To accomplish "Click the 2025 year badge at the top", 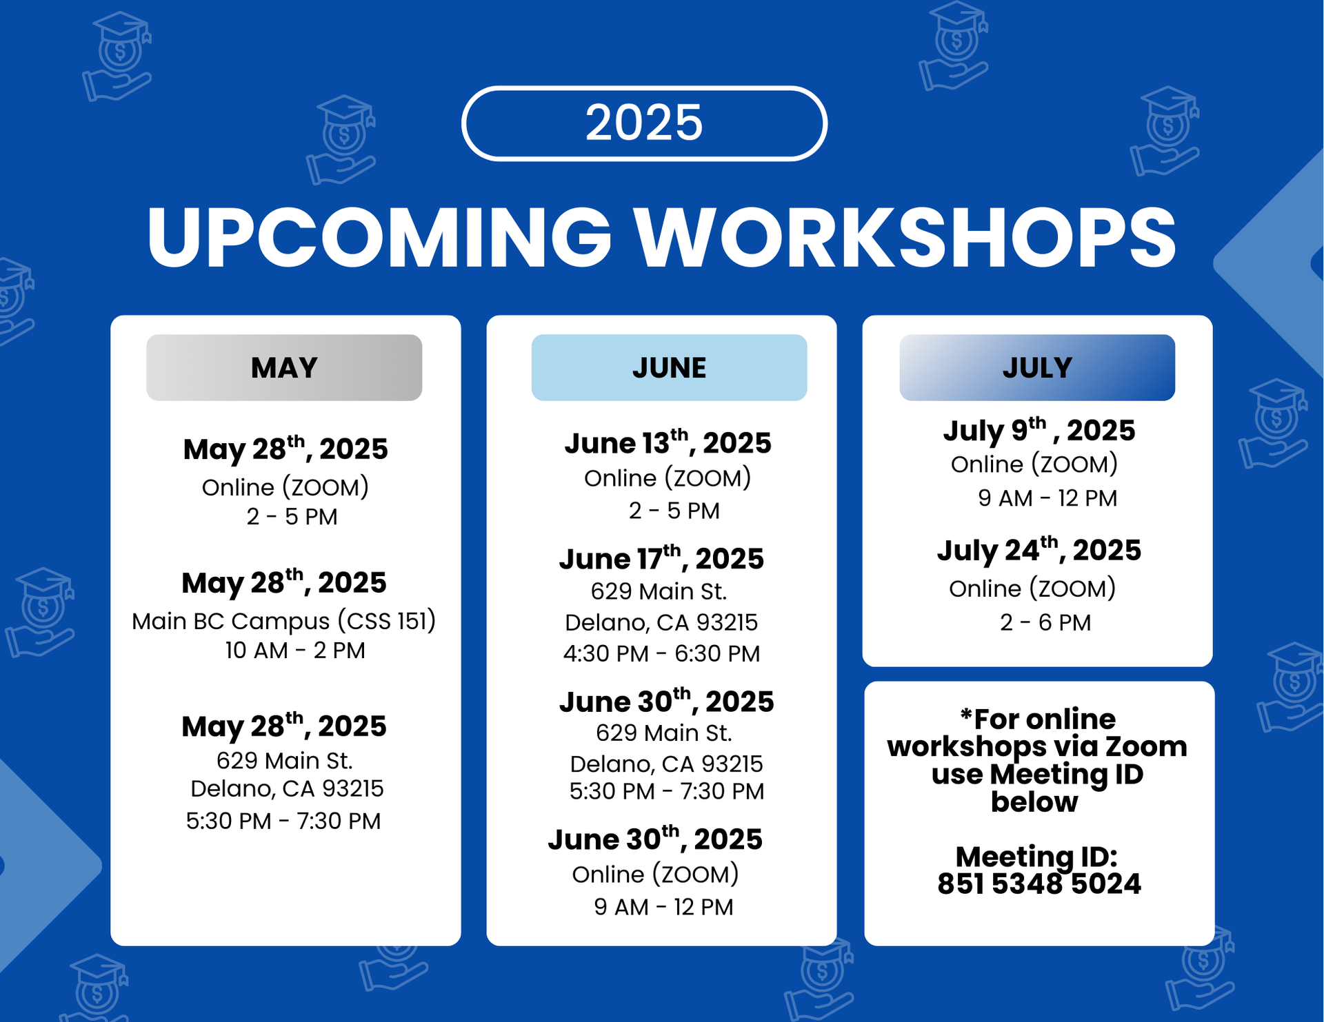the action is pos(644,123).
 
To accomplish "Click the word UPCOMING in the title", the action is pos(379,236).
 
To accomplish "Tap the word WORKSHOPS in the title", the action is pos(905,236).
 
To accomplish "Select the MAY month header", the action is pos(284,367).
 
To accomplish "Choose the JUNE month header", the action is pos(669,367).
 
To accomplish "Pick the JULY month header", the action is pos(1037,367).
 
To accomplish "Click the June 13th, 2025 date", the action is pos(668,442).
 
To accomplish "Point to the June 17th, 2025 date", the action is pos(661,558).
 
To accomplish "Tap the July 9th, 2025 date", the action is pos(1039,429).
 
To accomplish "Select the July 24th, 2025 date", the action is pos(1039,549).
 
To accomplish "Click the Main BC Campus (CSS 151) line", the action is pos(284,621).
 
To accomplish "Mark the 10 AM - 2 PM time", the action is pos(295,650).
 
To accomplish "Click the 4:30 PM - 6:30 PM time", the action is pos(661,653).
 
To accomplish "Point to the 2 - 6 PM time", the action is pos(1045,622).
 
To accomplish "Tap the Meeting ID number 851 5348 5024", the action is pos(1039,883).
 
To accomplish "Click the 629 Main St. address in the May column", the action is pos(285,760).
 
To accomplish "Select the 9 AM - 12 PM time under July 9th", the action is pos(1047,498).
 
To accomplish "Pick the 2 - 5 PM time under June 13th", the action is pos(674,511).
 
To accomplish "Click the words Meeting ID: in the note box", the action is pos(1036,857).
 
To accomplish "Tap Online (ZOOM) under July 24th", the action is pos(1032,589).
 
